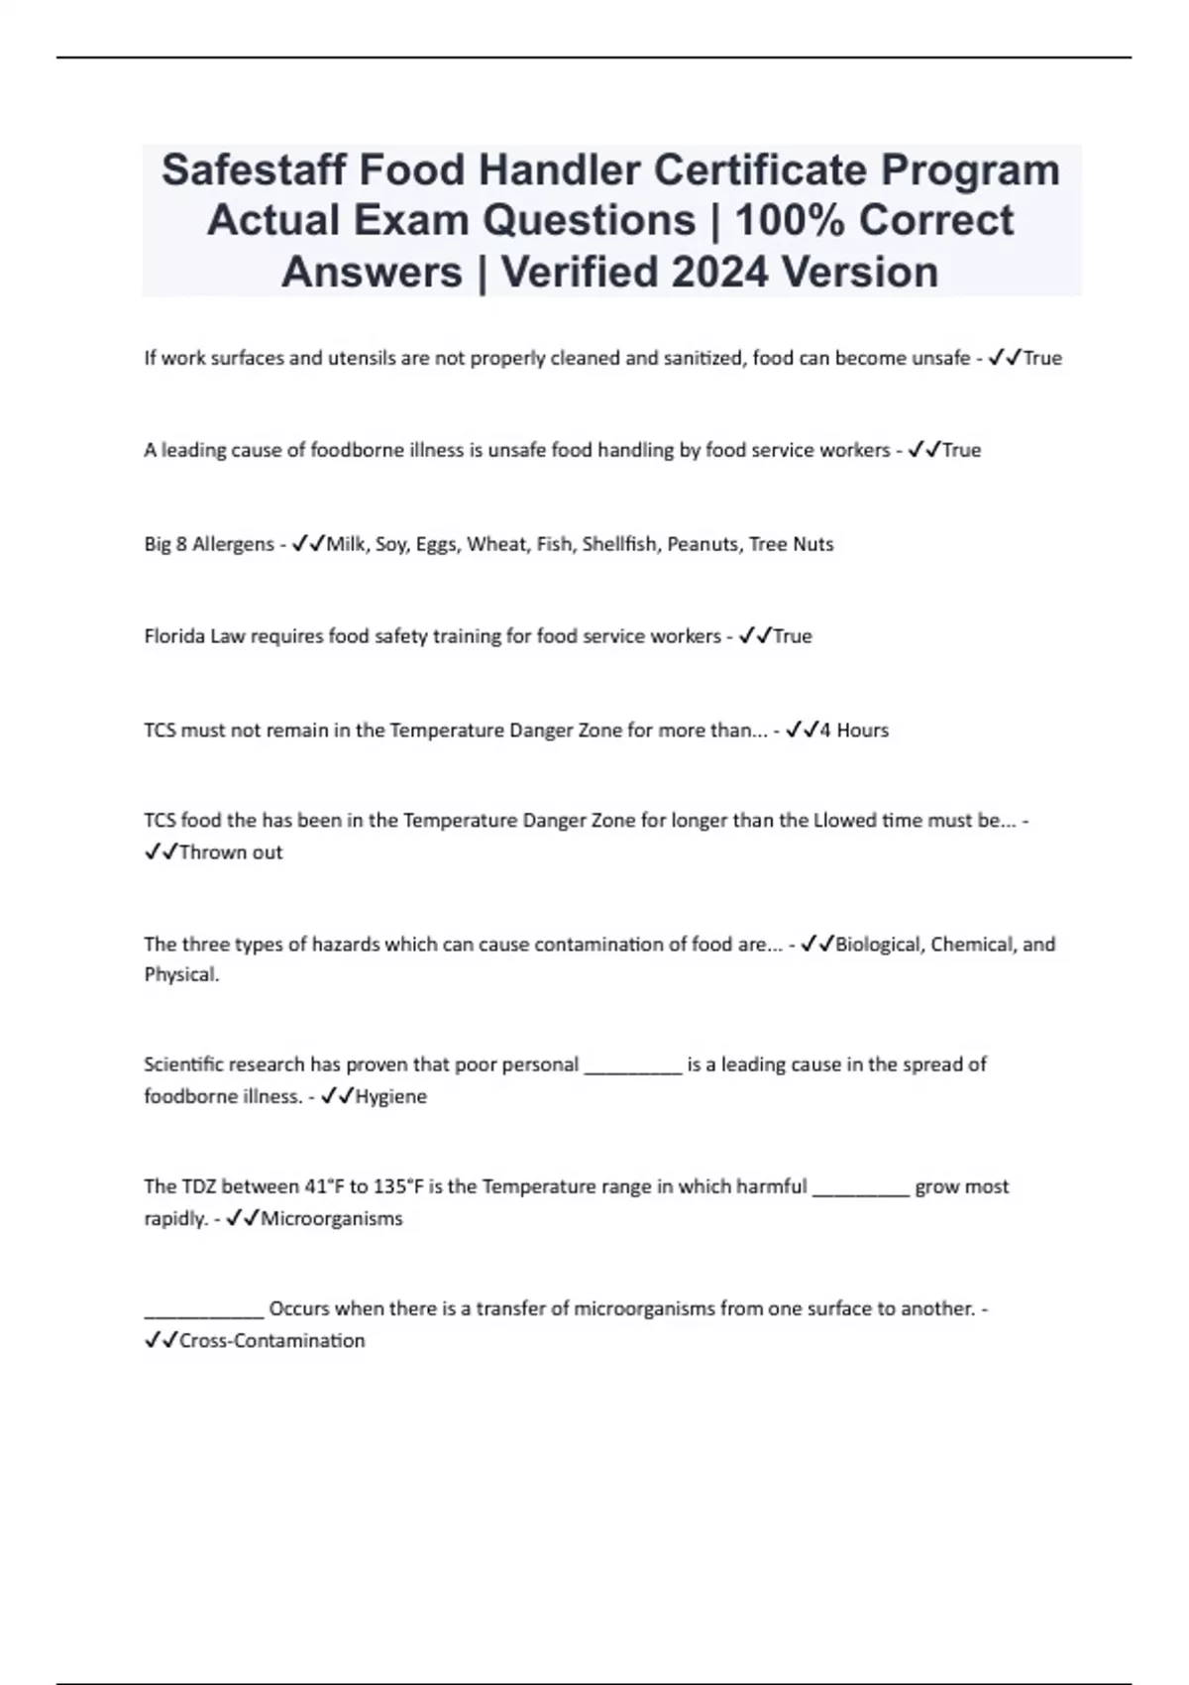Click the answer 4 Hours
[854, 730]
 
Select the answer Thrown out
[231, 852]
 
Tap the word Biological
[879, 944]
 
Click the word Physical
[181, 974]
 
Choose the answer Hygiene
[390, 1096]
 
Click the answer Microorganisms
[331, 1218]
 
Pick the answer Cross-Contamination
[271, 1340]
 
